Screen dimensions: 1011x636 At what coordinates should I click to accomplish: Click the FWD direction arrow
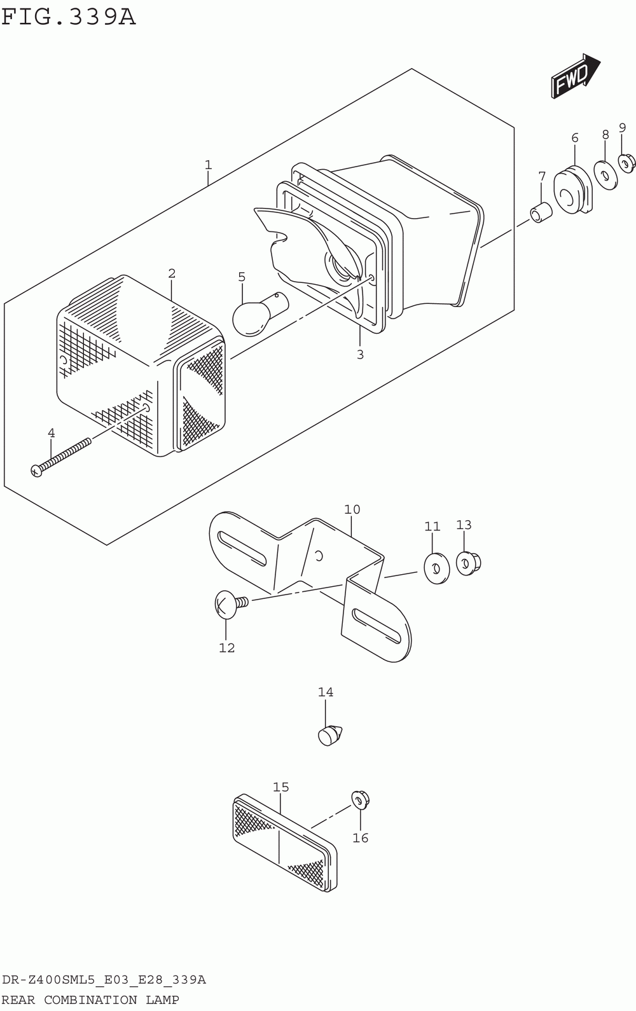(575, 77)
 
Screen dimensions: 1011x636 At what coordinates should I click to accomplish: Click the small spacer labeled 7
(541, 212)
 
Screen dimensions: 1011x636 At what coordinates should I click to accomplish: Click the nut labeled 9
(626, 164)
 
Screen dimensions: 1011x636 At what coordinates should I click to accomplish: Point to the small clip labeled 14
(329, 734)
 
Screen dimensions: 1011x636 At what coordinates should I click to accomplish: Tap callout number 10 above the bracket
(352, 509)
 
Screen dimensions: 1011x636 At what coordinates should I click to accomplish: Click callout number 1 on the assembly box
(208, 165)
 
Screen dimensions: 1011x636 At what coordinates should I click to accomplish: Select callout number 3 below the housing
(360, 354)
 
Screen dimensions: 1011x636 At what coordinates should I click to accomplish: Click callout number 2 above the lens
(172, 273)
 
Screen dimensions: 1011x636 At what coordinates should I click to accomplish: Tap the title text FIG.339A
(69, 17)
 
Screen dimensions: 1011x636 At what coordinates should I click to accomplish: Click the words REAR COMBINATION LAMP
(90, 1000)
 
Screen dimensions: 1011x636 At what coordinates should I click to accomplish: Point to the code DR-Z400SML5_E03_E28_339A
(104, 979)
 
